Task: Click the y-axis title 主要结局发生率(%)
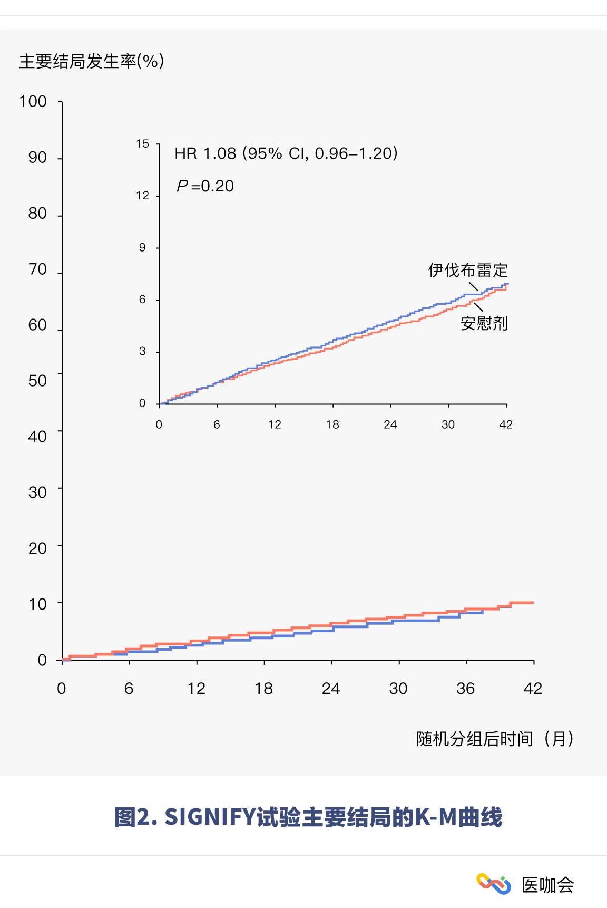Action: [x=92, y=61]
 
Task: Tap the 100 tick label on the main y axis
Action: [x=33, y=101]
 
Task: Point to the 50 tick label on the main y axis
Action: [x=37, y=381]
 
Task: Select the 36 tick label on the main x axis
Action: [x=466, y=689]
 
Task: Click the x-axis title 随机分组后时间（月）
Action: [x=495, y=739]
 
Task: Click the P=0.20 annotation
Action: [x=205, y=186]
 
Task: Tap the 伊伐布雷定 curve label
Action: [x=468, y=271]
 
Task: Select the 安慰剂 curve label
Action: [x=484, y=323]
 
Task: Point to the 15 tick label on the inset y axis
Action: [x=142, y=144]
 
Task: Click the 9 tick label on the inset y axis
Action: [x=142, y=248]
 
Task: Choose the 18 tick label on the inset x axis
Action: [x=332, y=425]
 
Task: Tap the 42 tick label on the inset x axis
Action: [x=506, y=425]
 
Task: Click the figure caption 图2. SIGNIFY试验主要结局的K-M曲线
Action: [x=308, y=817]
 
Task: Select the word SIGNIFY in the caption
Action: [x=210, y=817]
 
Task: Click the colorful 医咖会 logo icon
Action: [x=494, y=884]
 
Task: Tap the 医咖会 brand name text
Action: [x=547, y=885]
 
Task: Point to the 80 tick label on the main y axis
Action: [x=37, y=213]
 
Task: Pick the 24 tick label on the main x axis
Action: [x=331, y=689]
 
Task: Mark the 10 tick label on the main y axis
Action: [x=37, y=604]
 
